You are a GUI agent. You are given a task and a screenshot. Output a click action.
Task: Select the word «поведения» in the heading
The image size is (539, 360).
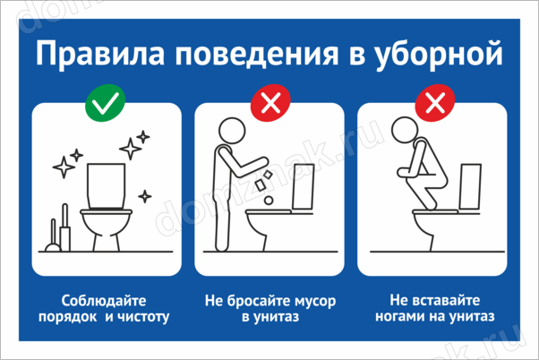(257, 55)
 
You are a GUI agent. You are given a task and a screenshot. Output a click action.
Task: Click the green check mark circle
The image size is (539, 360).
(105, 103)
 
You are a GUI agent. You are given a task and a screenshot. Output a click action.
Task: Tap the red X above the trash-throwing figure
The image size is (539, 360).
(270, 103)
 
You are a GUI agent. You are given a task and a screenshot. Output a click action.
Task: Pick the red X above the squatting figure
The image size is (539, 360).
(435, 103)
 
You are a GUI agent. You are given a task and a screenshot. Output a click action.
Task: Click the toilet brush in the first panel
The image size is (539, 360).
(65, 227)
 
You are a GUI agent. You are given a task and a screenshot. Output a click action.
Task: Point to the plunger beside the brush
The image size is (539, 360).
(54, 236)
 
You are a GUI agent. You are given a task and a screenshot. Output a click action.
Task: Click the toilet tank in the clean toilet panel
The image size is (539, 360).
(106, 185)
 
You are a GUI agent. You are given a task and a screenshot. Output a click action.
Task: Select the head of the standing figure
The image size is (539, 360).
(232, 131)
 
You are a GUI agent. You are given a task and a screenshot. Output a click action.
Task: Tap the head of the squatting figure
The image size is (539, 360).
(405, 130)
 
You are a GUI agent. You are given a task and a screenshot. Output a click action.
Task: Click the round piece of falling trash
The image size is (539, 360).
(269, 200)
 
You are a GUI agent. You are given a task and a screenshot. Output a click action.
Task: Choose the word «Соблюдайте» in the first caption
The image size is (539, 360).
(104, 301)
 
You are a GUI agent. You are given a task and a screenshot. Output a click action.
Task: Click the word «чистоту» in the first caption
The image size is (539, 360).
(143, 317)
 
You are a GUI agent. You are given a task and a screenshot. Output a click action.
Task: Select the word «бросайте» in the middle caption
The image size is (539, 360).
(252, 301)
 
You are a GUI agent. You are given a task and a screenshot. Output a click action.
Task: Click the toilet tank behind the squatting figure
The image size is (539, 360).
(470, 186)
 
